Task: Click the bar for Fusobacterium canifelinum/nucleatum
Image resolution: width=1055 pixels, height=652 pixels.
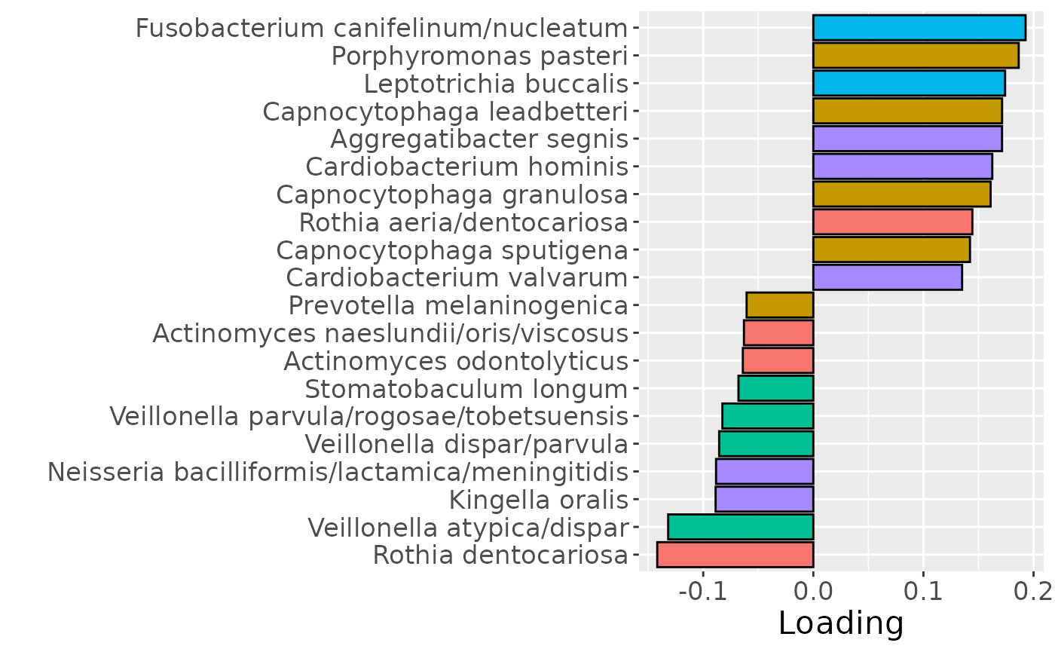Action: click(x=919, y=28)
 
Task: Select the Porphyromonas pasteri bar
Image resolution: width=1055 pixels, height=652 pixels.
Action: click(x=916, y=56)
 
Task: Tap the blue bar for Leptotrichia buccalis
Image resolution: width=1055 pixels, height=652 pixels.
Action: click(x=909, y=83)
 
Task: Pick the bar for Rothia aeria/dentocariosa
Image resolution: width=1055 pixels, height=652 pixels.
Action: click(x=892, y=222)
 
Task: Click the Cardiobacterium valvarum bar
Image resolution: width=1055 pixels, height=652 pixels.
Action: click(x=887, y=277)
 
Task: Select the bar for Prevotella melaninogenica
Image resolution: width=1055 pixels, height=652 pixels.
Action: click(x=780, y=305)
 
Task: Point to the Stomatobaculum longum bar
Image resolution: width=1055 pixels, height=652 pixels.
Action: click(x=775, y=389)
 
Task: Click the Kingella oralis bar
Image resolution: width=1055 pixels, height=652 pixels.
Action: click(x=764, y=499)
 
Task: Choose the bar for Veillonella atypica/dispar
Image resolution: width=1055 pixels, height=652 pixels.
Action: click(x=740, y=527)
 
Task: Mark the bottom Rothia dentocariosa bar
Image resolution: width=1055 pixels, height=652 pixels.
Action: click(x=735, y=555)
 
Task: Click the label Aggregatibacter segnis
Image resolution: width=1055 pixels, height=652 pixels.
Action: click(x=479, y=139)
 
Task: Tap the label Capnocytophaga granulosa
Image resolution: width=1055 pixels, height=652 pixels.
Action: click(x=452, y=194)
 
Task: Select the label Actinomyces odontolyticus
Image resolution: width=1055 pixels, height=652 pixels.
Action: click(x=456, y=361)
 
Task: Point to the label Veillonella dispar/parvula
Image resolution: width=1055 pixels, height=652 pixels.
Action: click(x=466, y=444)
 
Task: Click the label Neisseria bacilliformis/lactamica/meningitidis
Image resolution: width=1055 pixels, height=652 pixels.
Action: click(x=338, y=472)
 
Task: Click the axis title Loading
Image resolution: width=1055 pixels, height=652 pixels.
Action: click(x=840, y=624)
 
